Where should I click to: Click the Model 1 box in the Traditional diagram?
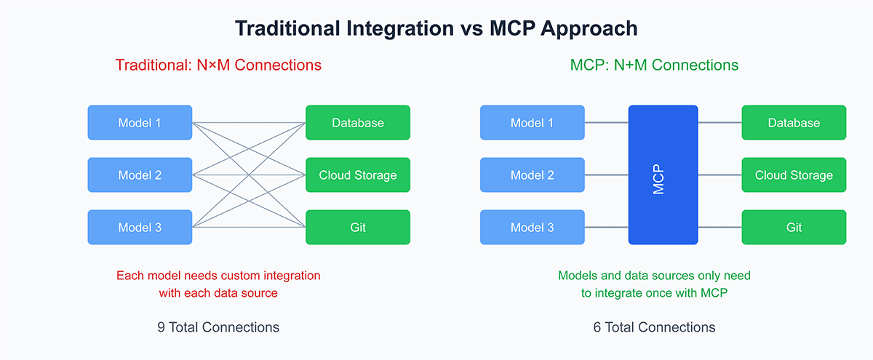(140, 123)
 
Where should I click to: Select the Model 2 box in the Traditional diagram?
(140, 175)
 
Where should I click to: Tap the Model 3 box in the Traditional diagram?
(140, 228)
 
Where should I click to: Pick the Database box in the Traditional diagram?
(358, 123)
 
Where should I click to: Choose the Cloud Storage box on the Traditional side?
(358, 175)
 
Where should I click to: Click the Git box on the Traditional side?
(358, 228)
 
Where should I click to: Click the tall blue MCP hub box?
(663, 175)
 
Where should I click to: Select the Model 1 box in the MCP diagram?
(532, 123)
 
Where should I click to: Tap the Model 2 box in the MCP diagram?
(532, 175)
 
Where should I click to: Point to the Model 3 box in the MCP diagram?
(532, 228)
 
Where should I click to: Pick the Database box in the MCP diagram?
(794, 123)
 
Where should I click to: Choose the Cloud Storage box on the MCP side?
(794, 175)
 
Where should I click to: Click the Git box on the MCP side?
(794, 228)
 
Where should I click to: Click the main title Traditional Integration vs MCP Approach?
(436, 28)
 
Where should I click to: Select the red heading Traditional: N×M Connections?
(218, 65)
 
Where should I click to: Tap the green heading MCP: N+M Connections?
(654, 65)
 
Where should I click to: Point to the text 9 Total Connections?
(218, 327)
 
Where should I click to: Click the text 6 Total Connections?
(654, 327)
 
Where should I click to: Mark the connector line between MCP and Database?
(720, 122)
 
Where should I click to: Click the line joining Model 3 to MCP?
(606, 228)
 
